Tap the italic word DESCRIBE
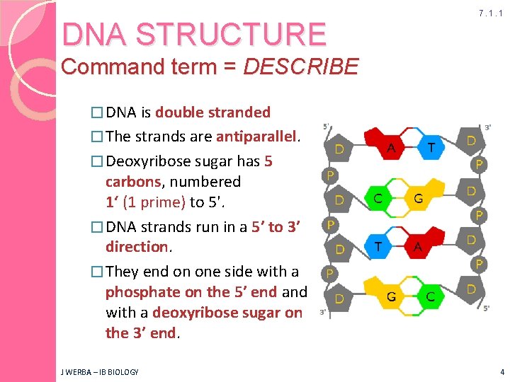click(300, 67)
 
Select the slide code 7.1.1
click(490, 13)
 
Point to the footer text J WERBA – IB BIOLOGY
click(100, 371)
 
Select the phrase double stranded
click(212, 112)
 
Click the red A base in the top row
click(391, 147)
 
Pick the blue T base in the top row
click(431, 147)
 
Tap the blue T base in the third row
click(378, 246)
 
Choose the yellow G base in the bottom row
click(390, 296)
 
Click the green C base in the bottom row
click(431, 296)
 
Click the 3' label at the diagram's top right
click(488, 127)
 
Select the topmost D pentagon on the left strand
click(340, 149)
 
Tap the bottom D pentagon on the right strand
click(471, 289)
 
